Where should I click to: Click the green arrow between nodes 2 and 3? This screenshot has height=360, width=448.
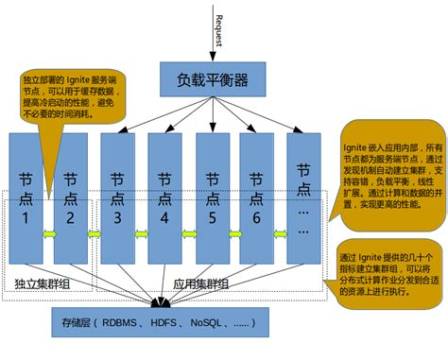click(x=93, y=234)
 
